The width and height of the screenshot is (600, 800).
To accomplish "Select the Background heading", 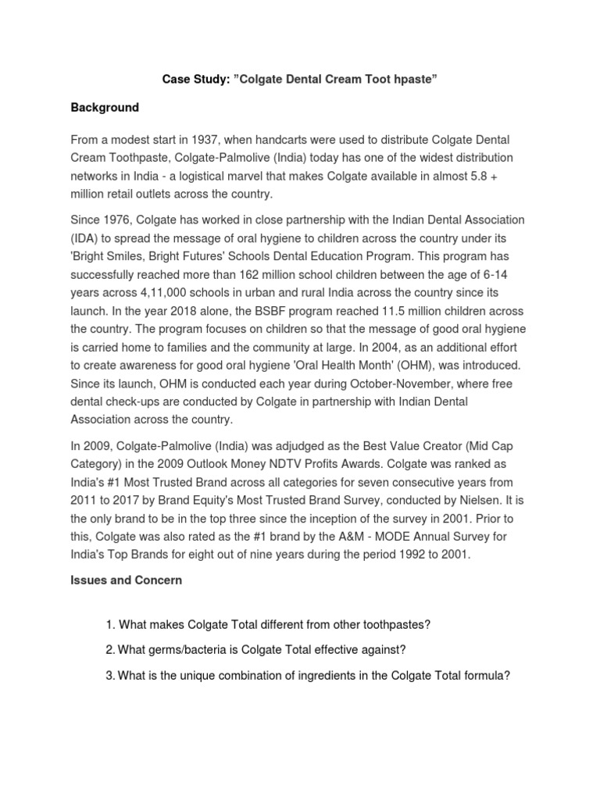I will (105, 108).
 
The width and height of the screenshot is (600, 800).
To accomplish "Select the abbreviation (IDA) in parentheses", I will (85, 238).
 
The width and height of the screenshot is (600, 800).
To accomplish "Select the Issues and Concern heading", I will (126, 580).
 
